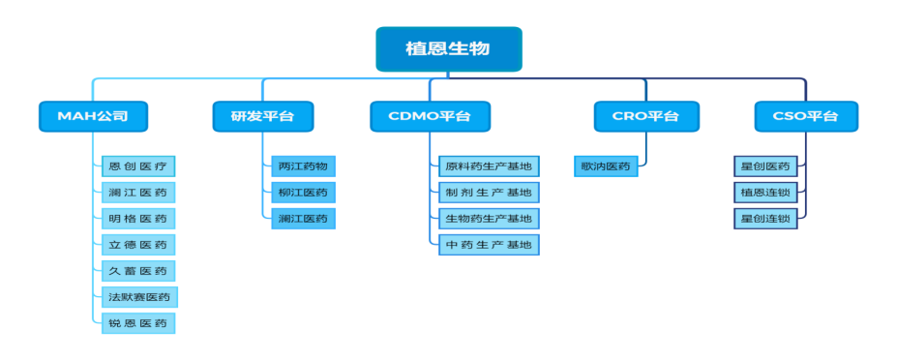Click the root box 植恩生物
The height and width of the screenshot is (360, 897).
click(x=448, y=49)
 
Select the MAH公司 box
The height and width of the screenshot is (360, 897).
click(x=94, y=117)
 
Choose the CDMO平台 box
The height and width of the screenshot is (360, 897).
click(x=430, y=117)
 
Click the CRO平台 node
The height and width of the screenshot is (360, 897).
click(x=645, y=117)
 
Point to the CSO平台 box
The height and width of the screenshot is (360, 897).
click(x=805, y=117)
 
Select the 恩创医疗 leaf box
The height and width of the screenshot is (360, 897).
click(x=138, y=166)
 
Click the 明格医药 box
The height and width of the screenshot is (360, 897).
click(x=138, y=219)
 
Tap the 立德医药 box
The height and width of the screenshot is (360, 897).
click(x=138, y=245)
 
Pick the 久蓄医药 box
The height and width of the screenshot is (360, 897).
click(x=138, y=271)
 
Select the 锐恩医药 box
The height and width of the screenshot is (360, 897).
click(x=138, y=323)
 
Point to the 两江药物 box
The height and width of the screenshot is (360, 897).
click(x=302, y=166)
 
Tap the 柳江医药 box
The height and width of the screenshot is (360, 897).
click(x=302, y=193)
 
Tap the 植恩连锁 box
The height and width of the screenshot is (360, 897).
click(x=764, y=193)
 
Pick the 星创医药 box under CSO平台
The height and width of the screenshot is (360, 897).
click(x=764, y=166)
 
